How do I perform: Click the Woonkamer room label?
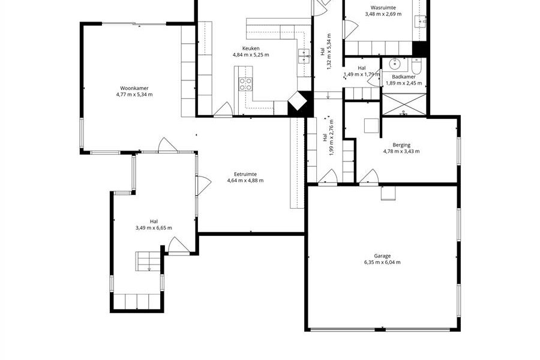pos(134,88)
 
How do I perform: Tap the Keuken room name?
pos(251,49)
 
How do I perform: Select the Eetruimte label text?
pos(245,175)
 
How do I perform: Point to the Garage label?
pos(382,256)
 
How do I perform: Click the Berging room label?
pos(401,145)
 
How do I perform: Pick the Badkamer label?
pos(404,77)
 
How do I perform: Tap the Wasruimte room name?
pos(383,8)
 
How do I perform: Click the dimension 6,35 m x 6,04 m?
pos(382,262)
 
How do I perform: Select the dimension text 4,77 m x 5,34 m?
pos(134,94)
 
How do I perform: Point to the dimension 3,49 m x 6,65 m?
pos(154,228)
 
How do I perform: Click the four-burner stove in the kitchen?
pos(245,85)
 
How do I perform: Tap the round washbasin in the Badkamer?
pos(394,64)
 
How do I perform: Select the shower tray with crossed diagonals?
pos(404,104)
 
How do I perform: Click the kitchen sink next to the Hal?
pos(304,56)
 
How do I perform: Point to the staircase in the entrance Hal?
pos(149,261)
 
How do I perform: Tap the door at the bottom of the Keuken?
pos(223,110)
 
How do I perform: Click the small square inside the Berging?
pos(371,125)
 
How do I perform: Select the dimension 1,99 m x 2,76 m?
pos(328,137)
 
